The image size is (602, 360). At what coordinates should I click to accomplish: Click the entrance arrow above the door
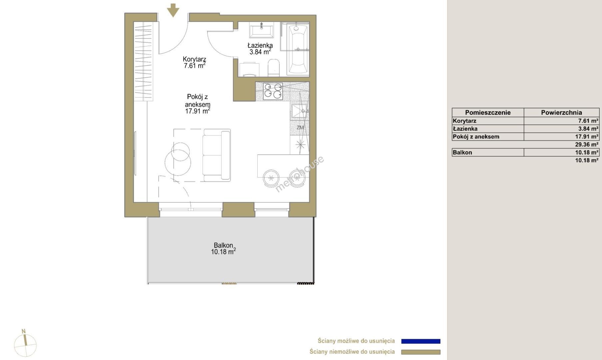click(x=173, y=10)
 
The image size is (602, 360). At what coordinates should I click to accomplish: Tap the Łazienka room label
click(x=260, y=45)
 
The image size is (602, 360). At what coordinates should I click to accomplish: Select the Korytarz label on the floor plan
click(x=194, y=59)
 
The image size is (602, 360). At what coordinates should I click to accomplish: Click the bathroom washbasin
click(x=262, y=30)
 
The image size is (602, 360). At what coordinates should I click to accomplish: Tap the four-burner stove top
click(x=273, y=91)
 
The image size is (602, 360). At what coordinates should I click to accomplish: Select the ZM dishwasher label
click(x=300, y=128)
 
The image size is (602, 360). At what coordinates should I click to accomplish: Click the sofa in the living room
click(x=216, y=155)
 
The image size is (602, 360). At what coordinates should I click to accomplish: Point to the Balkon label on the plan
click(x=223, y=245)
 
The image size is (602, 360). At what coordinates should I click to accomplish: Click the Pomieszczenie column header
click(x=488, y=113)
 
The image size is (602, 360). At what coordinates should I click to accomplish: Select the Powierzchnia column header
click(x=561, y=113)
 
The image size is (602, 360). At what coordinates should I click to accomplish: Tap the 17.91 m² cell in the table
click(x=587, y=137)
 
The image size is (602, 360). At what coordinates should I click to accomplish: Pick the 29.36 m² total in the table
click(x=587, y=145)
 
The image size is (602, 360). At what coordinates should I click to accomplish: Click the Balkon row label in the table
click(x=462, y=153)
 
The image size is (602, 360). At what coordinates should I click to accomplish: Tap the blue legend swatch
click(x=421, y=341)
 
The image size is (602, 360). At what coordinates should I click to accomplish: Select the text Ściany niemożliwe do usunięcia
click(x=352, y=352)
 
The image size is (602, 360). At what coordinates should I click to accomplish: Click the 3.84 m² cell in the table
click(x=588, y=129)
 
